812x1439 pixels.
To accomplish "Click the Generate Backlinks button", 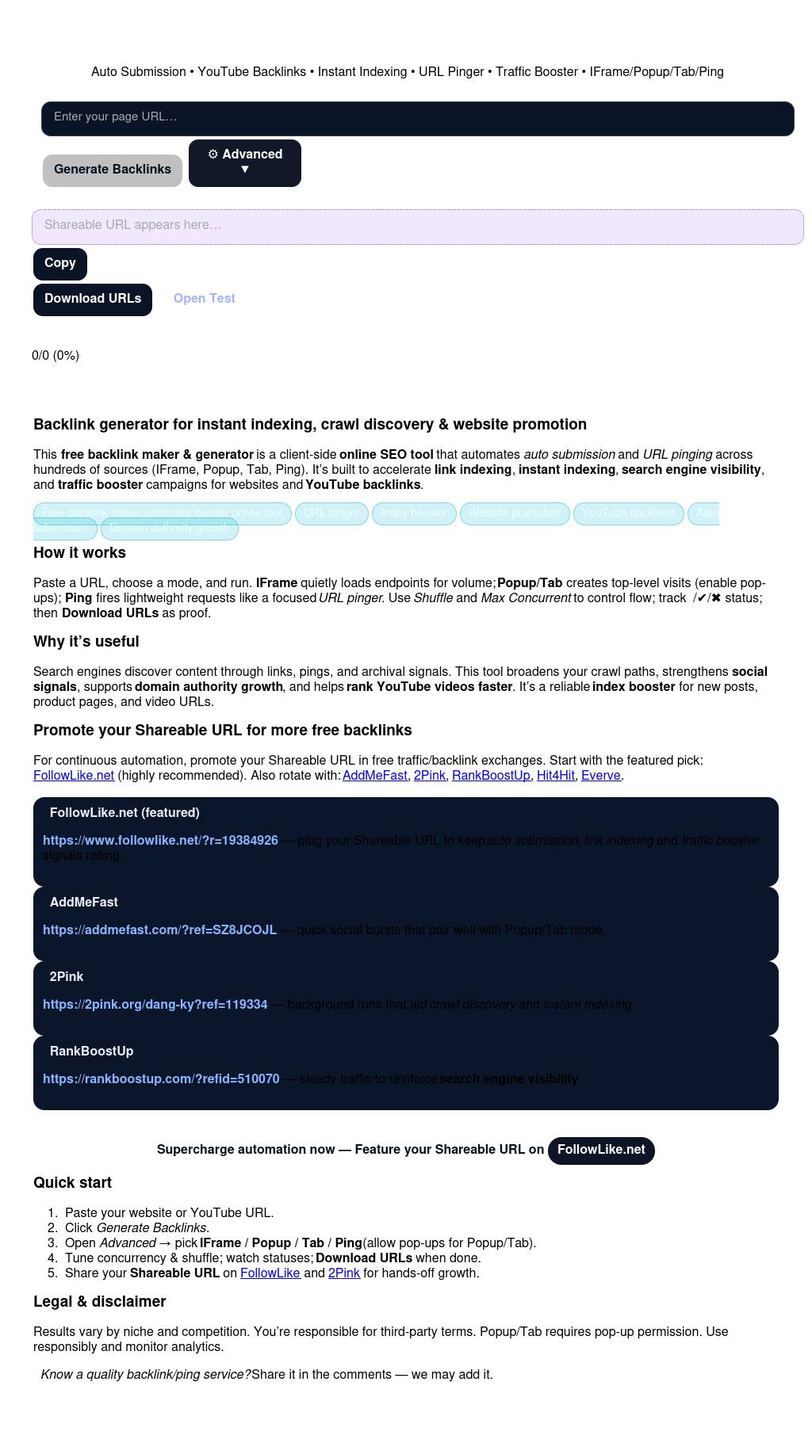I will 113,170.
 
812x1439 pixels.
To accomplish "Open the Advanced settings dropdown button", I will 244,162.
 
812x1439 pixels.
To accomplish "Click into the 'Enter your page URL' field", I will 417,118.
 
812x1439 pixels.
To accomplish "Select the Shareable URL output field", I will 417,226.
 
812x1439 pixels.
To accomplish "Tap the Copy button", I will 60,263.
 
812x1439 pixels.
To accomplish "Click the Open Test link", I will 204,299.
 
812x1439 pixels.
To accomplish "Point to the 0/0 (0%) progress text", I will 56,356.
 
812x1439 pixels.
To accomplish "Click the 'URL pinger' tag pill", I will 331,513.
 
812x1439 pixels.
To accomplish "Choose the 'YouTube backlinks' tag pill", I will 629,513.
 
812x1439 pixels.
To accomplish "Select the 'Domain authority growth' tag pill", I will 170,528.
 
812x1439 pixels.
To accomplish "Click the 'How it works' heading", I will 79,553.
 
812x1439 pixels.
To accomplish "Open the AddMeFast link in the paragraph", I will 374,776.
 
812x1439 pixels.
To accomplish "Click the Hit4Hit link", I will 555,776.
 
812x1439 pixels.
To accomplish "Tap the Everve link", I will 600,776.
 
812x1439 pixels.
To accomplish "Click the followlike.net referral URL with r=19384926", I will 160,841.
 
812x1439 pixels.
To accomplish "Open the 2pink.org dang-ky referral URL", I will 155,1005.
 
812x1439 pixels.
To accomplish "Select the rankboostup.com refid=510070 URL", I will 161,1079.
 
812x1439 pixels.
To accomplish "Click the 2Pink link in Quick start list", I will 343,1273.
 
